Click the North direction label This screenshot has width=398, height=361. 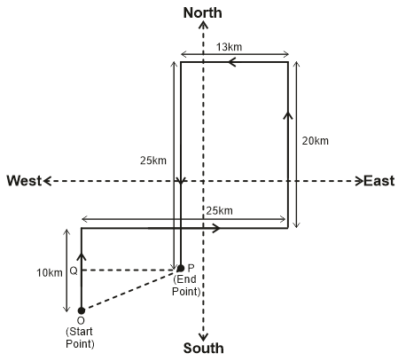point(203,13)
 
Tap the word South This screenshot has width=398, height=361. point(204,348)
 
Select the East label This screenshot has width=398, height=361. point(379,181)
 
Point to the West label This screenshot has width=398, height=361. point(24,181)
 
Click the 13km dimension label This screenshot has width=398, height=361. point(229,47)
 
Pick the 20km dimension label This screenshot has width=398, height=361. point(316,141)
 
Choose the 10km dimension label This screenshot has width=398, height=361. point(50,273)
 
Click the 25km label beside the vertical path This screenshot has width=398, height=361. point(153,161)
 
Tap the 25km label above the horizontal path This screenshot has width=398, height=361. point(220,211)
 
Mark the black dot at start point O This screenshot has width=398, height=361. point(82,310)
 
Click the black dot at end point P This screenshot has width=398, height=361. point(181,269)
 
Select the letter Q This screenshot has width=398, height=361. point(74,271)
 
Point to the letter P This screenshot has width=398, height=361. point(191,268)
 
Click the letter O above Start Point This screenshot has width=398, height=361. point(81,320)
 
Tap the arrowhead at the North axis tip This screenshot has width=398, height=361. point(203,25)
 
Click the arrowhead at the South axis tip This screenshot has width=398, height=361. point(203,337)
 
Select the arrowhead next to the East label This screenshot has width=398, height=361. point(359,181)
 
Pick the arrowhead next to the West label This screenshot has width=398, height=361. point(47,181)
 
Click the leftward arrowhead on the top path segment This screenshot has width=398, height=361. point(231,62)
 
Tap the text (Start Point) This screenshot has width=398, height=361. point(80,338)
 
